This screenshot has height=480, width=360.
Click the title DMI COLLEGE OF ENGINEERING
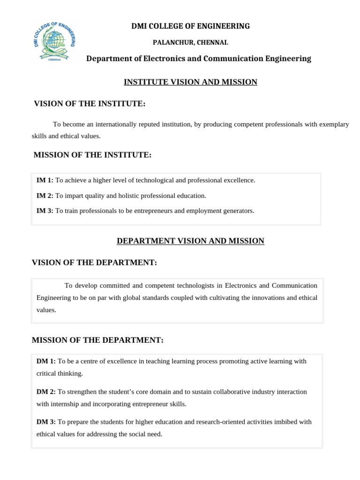pyautogui.click(x=190, y=26)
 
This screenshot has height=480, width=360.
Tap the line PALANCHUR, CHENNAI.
pyautogui.click(x=191, y=43)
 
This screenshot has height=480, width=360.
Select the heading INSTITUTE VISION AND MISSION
pyautogui.click(x=190, y=82)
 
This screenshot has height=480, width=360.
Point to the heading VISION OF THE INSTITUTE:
pyautogui.click(x=90, y=104)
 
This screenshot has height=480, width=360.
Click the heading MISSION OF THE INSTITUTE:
pyautogui.click(x=92, y=155)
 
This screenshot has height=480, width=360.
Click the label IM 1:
pyautogui.click(x=45, y=180)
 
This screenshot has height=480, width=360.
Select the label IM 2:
pyautogui.click(x=45, y=195)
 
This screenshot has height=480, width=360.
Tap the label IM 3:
pyautogui.click(x=45, y=210)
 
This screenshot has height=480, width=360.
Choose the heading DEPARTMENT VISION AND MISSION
pyautogui.click(x=190, y=241)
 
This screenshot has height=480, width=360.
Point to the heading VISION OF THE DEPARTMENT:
pyautogui.click(x=94, y=262)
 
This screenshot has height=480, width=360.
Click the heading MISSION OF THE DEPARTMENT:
pyautogui.click(x=97, y=340)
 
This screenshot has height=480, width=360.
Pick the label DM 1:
pyautogui.click(x=46, y=361)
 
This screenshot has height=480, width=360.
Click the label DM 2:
pyautogui.click(x=46, y=391)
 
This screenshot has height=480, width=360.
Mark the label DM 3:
pyautogui.click(x=46, y=421)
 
